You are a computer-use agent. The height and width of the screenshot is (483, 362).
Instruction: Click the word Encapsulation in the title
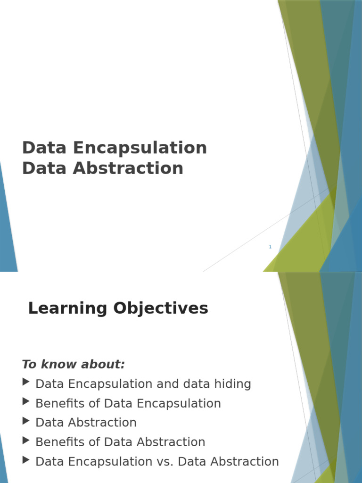140,148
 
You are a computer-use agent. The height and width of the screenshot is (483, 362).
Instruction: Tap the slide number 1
270,247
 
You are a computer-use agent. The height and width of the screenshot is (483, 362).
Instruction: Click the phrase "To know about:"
74,364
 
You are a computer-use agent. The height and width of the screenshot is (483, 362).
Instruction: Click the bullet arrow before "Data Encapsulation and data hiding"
26,382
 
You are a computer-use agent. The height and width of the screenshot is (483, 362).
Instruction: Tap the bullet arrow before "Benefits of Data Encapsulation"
26,401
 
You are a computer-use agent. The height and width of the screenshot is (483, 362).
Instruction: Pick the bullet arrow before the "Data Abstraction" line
26,421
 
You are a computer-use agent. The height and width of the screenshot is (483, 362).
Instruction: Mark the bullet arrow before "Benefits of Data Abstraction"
26,440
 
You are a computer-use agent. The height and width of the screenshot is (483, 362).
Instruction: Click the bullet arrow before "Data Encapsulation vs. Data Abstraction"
26,459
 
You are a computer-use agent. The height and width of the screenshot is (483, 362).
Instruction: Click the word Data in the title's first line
44,148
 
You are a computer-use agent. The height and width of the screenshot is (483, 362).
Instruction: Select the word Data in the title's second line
44,168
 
